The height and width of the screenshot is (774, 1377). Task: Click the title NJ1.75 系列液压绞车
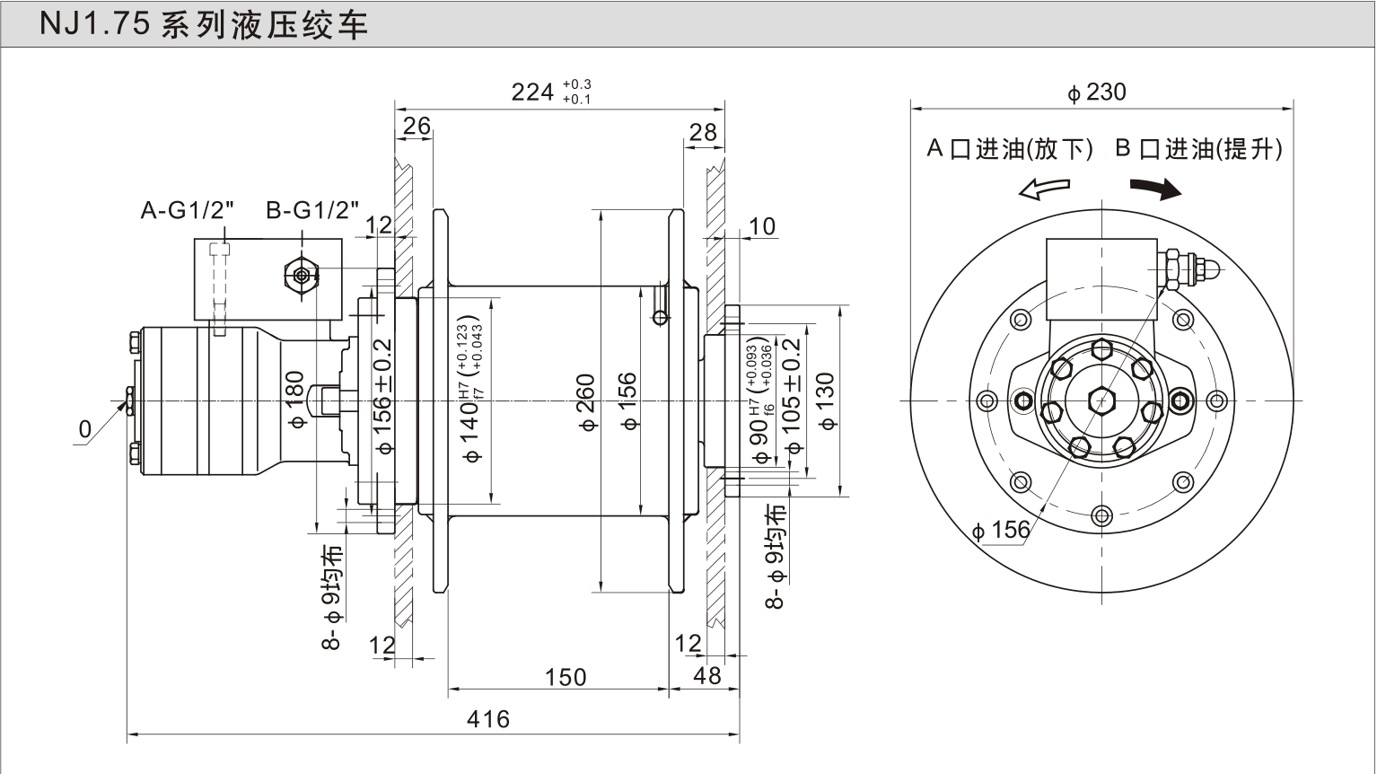tap(204, 24)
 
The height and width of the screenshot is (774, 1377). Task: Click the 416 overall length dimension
tap(488, 718)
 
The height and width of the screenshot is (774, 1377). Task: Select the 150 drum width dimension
tap(566, 678)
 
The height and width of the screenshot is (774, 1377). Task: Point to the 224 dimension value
tap(532, 92)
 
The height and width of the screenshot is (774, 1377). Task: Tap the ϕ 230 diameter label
tap(1097, 92)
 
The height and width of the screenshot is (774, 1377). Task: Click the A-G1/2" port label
tap(187, 210)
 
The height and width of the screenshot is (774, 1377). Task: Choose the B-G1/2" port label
tap(312, 210)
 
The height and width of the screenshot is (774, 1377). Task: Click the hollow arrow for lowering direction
tap(1045, 189)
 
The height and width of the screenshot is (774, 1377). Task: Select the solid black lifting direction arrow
tap(1155, 189)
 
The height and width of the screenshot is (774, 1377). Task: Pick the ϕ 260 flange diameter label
tap(586, 402)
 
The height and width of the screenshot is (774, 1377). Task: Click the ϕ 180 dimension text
tap(294, 400)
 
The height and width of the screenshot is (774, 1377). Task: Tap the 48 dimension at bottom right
tap(706, 676)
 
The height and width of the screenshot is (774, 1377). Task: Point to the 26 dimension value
tap(417, 126)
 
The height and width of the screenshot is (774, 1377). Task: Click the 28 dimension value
tap(703, 132)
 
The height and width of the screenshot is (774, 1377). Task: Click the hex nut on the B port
tap(302, 276)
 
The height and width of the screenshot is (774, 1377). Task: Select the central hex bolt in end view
tap(1101, 400)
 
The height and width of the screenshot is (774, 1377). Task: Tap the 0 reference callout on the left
tap(85, 429)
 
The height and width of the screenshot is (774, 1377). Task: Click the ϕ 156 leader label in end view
tap(1001, 530)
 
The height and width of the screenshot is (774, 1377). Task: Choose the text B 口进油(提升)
tap(1198, 149)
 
